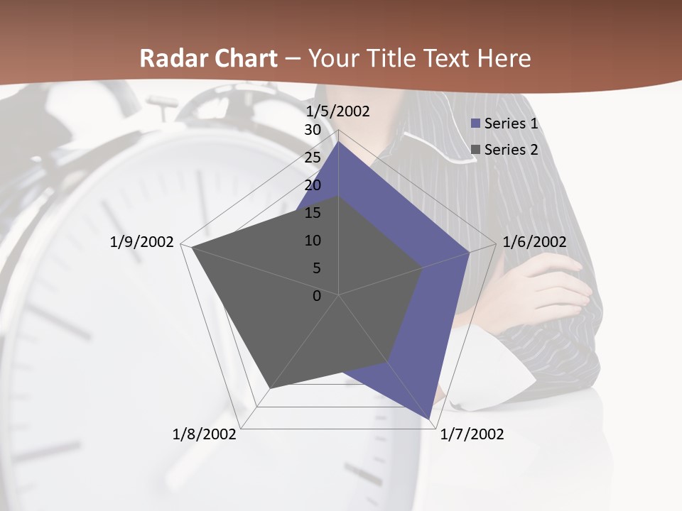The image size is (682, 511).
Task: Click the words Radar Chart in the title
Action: tap(208, 58)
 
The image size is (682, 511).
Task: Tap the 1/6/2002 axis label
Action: tap(534, 242)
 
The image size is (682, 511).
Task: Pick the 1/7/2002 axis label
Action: tap(472, 434)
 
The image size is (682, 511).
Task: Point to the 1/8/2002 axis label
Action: tap(205, 434)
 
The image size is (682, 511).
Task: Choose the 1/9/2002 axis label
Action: tap(142, 242)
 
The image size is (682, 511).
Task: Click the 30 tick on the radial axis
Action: tap(313, 131)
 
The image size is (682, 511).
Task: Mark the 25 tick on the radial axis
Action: tap(313, 158)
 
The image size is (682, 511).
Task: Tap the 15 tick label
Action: tap(313, 213)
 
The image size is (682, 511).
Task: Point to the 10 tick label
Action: tap(313, 241)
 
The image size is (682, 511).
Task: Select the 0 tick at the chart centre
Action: tap(317, 296)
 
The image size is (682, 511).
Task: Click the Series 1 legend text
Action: tap(511, 123)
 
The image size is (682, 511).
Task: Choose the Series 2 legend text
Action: tap(511, 150)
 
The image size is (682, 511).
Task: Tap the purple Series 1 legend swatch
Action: tap(477, 124)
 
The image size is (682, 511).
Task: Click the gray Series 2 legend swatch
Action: tap(477, 150)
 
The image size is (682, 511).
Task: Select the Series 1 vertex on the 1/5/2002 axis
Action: tap(339, 142)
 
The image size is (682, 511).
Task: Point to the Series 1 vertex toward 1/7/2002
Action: tap(429, 419)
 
